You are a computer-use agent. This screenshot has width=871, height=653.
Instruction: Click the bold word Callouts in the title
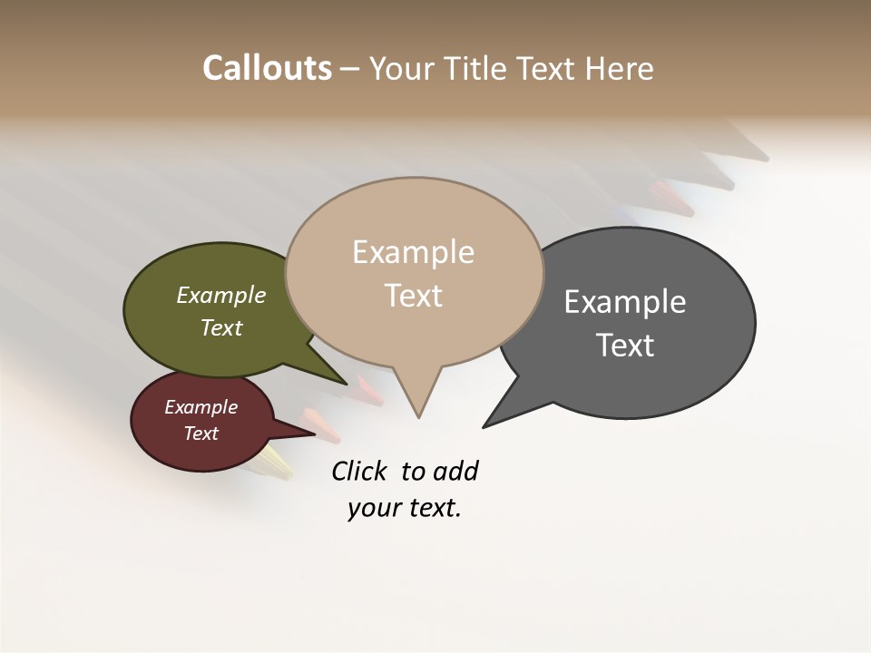pos(267,68)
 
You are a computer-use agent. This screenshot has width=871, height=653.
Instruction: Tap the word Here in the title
pos(619,69)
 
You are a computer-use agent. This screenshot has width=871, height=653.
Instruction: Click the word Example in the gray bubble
pos(625,302)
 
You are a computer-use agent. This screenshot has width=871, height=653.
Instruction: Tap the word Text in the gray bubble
pos(625,346)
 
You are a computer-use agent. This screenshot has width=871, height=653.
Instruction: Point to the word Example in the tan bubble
pos(414,252)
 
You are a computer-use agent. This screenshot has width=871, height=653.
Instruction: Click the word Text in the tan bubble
pos(414,296)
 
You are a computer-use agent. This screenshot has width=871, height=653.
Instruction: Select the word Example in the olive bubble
pos(221,295)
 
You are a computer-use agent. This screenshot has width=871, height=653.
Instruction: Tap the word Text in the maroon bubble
pos(201,434)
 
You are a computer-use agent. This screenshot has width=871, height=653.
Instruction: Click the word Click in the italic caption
pos(358,471)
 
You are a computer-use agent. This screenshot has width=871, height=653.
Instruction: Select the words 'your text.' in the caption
pos(405,508)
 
